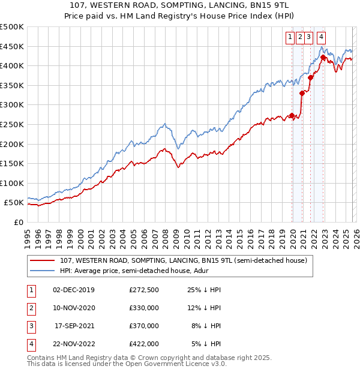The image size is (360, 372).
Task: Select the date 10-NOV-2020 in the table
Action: [x=74, y=308]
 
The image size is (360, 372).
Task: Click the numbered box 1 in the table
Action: [x=30, y=290]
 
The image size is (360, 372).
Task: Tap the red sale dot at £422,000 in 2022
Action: [x=323, y=58]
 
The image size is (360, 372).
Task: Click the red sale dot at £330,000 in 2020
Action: [x=302, y=94]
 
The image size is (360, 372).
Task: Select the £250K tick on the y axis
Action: [x=12, y=124]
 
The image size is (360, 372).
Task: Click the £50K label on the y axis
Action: [x=14, y=203]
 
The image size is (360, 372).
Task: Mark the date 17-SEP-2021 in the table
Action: [x=74, y=326]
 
